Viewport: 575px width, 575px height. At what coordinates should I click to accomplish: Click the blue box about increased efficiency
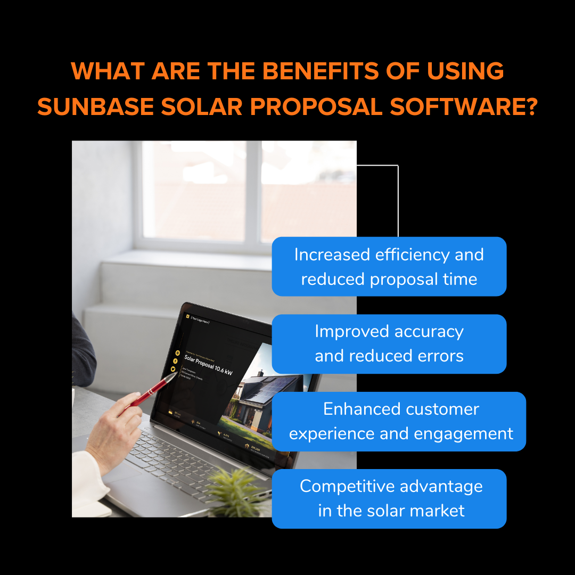click(x=389, y=266)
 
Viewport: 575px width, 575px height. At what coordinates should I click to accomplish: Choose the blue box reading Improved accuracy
click(x=389, y=343)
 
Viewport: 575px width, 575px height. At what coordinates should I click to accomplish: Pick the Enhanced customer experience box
click(x=399, y=421)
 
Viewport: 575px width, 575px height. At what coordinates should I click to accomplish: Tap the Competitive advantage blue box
click(x=389, y=498)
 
